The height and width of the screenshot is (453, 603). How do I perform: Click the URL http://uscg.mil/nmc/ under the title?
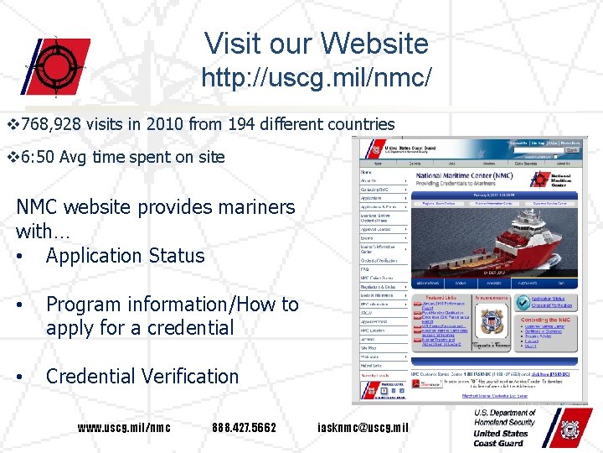click(x=317, y=78)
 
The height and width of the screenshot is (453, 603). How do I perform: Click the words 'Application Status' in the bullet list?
click(x=125, y=256)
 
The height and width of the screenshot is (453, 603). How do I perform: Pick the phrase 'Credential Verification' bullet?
click(x=142, y=377)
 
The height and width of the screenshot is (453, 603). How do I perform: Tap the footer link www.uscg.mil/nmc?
click(x=124, y=428)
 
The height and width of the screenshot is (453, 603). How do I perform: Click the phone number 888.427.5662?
click(x=245, y=428)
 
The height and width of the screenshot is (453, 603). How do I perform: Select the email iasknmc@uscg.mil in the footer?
click(x=364, y=428)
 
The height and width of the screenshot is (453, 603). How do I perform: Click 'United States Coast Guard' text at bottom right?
click(x=501, y=438)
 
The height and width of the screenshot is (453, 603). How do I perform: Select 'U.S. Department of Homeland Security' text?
click(x=504, y=418)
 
